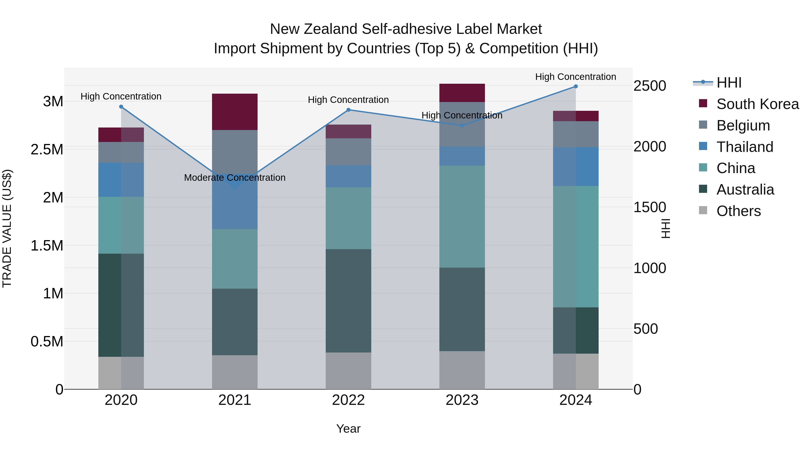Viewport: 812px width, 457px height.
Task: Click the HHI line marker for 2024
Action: click(576, 86)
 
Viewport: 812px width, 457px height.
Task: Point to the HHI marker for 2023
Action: click(462, 125)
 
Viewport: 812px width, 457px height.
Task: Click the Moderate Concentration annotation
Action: click(235, 178)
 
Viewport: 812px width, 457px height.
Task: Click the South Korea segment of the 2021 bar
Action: click(235, 112)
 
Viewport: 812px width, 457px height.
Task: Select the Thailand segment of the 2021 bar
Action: click(235, 205)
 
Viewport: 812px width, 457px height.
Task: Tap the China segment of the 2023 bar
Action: click(462, 217)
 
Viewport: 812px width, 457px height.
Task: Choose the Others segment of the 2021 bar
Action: click(235, 372)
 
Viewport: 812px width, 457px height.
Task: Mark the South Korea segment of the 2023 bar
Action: click(462, 93)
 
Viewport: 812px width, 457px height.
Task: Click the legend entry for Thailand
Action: click(745, 147)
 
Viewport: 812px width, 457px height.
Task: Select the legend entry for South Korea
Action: click(757, 104)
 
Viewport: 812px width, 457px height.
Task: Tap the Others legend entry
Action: click(738, 211)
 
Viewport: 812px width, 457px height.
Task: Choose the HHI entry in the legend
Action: click(729, 83)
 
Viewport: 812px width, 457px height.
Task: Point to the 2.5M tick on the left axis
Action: click(47, 149)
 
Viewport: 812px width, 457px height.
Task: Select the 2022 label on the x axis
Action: click(348, 400)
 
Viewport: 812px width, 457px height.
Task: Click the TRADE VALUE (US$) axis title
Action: click(7, 228)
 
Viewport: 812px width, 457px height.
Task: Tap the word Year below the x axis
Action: click(348, 429)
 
